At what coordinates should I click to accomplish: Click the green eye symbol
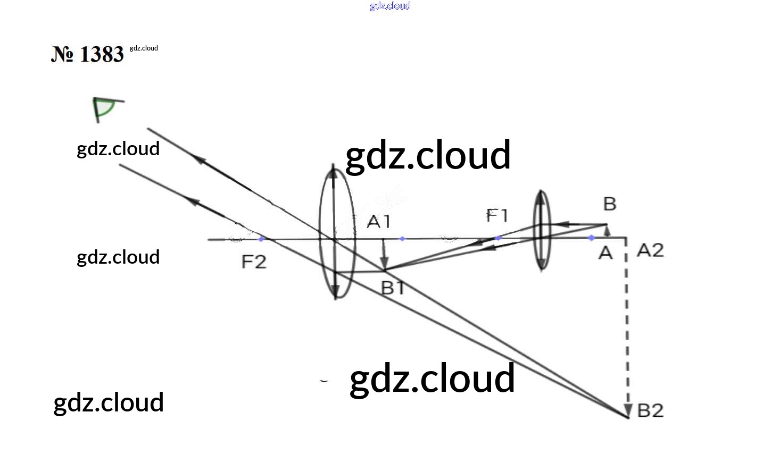coord(105,108)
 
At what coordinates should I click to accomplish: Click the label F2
coord(254,262)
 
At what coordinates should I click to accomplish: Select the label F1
coord(497,215)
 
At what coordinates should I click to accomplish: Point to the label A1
coord(378,221)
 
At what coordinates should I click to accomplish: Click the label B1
coord(393,288)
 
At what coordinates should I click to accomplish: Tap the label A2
coord(650,250)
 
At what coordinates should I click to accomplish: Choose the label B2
coord(650,410)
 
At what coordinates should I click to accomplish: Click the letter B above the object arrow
coord(609,204)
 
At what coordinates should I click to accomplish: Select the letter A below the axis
coord(605,253)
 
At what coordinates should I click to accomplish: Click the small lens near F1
coord(541,230)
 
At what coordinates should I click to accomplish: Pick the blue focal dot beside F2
coord(261,239)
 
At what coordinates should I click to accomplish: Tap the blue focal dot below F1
coord(498,238)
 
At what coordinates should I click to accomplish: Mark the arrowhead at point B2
coord(628,410)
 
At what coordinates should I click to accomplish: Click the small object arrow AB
coord(607,231)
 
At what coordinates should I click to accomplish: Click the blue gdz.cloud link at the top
coord(390,6)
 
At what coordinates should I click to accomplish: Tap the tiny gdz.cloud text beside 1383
coord(144,48)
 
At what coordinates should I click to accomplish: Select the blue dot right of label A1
coord(402,239)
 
